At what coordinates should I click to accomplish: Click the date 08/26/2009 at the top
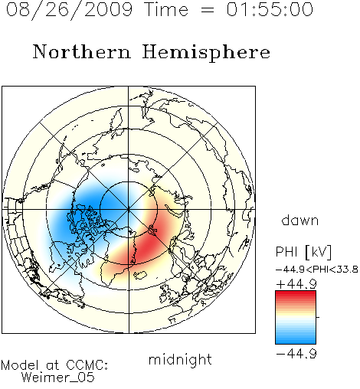click(x=69, y=10)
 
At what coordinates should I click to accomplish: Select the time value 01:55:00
click(x=270, y=9)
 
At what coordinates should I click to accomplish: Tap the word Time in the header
click(x=166, y=9)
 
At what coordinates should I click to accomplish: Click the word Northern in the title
click(x=82, y=51)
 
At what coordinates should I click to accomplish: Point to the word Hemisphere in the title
click(x=206, y=53)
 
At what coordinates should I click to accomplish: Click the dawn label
click(x=300, y=220)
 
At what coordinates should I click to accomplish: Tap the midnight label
click(x=180, y=359)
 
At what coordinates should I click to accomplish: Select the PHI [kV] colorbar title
click(x=303, y=252)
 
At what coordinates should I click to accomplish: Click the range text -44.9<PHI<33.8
click(x=317, y=270)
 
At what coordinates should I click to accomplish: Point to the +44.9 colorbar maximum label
click(x=296, y=284)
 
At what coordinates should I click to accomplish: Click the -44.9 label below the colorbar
click(x=296, y=354)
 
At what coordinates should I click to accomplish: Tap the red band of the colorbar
click(x=296, y=296)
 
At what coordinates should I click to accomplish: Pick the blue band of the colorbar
click(x=296, y=338)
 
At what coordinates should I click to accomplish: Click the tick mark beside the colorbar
click(x=318, y=317)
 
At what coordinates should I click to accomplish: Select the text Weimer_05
click(x=58, y=377)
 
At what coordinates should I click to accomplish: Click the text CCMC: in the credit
click(x=87, y=365)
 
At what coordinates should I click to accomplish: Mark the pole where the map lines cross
click(x=129, y=209)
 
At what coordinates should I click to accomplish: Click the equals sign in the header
click(x=208, y=10)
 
